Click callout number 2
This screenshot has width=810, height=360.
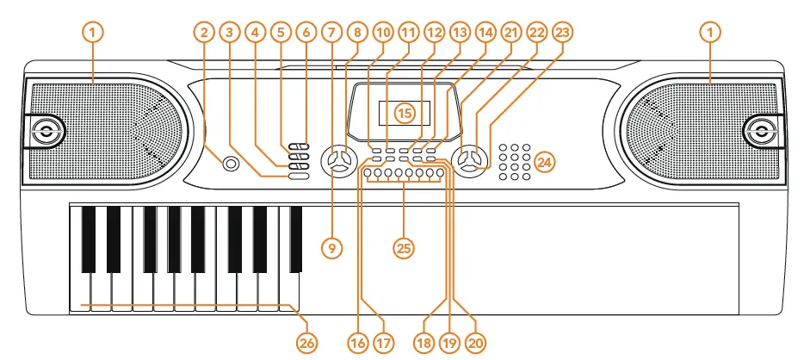(204, 33)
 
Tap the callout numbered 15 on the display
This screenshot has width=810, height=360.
(405, 112)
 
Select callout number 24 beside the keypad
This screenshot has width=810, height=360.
(544, 161)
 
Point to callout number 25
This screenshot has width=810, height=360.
(404, 247)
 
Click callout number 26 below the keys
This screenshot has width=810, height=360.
(307, 342)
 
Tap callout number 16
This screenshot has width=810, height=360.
(358, 342)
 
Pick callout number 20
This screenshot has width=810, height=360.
(474, 342)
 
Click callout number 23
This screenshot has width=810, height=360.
(563, 33)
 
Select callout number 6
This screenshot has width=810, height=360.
(306, 33)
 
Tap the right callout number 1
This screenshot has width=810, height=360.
(711, 33)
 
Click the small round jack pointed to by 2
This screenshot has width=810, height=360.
(230, 164)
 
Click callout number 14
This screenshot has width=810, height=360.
(486, 33)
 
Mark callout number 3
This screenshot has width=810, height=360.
(228, 33)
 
